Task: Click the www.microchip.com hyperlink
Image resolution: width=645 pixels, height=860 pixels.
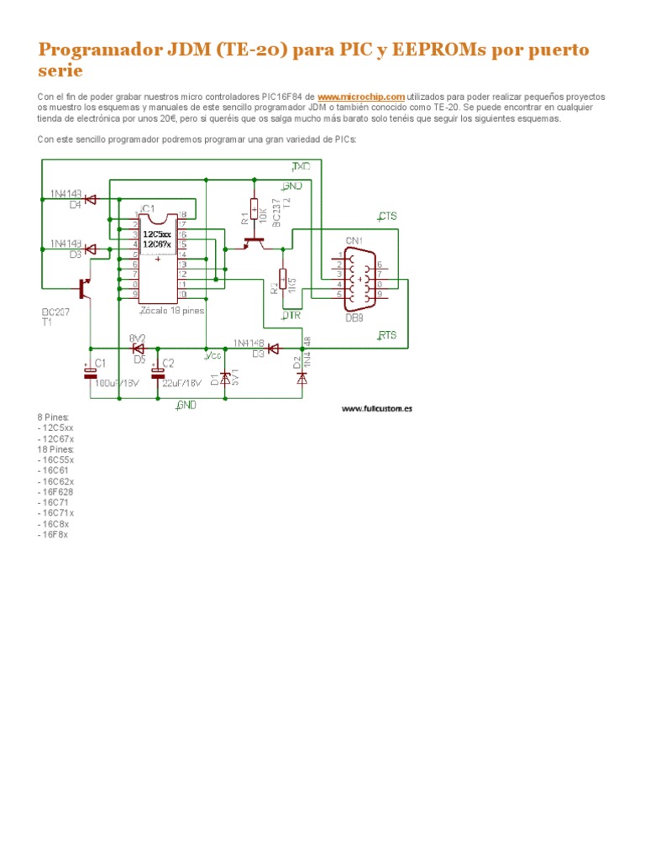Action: (361, 97)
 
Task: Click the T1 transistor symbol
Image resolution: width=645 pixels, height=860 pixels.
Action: (85, 288)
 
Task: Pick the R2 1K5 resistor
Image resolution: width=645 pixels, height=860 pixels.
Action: (283, 279)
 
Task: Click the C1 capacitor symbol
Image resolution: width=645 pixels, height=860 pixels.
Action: (90, 371)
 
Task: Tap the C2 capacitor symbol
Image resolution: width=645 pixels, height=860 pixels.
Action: (157, 371)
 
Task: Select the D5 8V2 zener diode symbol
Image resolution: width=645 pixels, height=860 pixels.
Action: (139, 348)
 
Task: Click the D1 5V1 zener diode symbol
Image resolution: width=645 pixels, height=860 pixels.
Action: (225, 378)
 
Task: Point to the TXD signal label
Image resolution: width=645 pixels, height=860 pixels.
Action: (302, 167)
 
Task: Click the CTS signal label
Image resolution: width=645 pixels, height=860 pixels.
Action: (388, 216)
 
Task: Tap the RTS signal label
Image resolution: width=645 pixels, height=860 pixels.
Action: (387, 335)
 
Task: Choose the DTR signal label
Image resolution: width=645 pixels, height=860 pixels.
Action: (291, 315)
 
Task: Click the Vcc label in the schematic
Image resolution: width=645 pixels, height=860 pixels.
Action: (212, 355)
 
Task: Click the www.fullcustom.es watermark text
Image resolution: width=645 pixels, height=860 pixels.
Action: (377, 409)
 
